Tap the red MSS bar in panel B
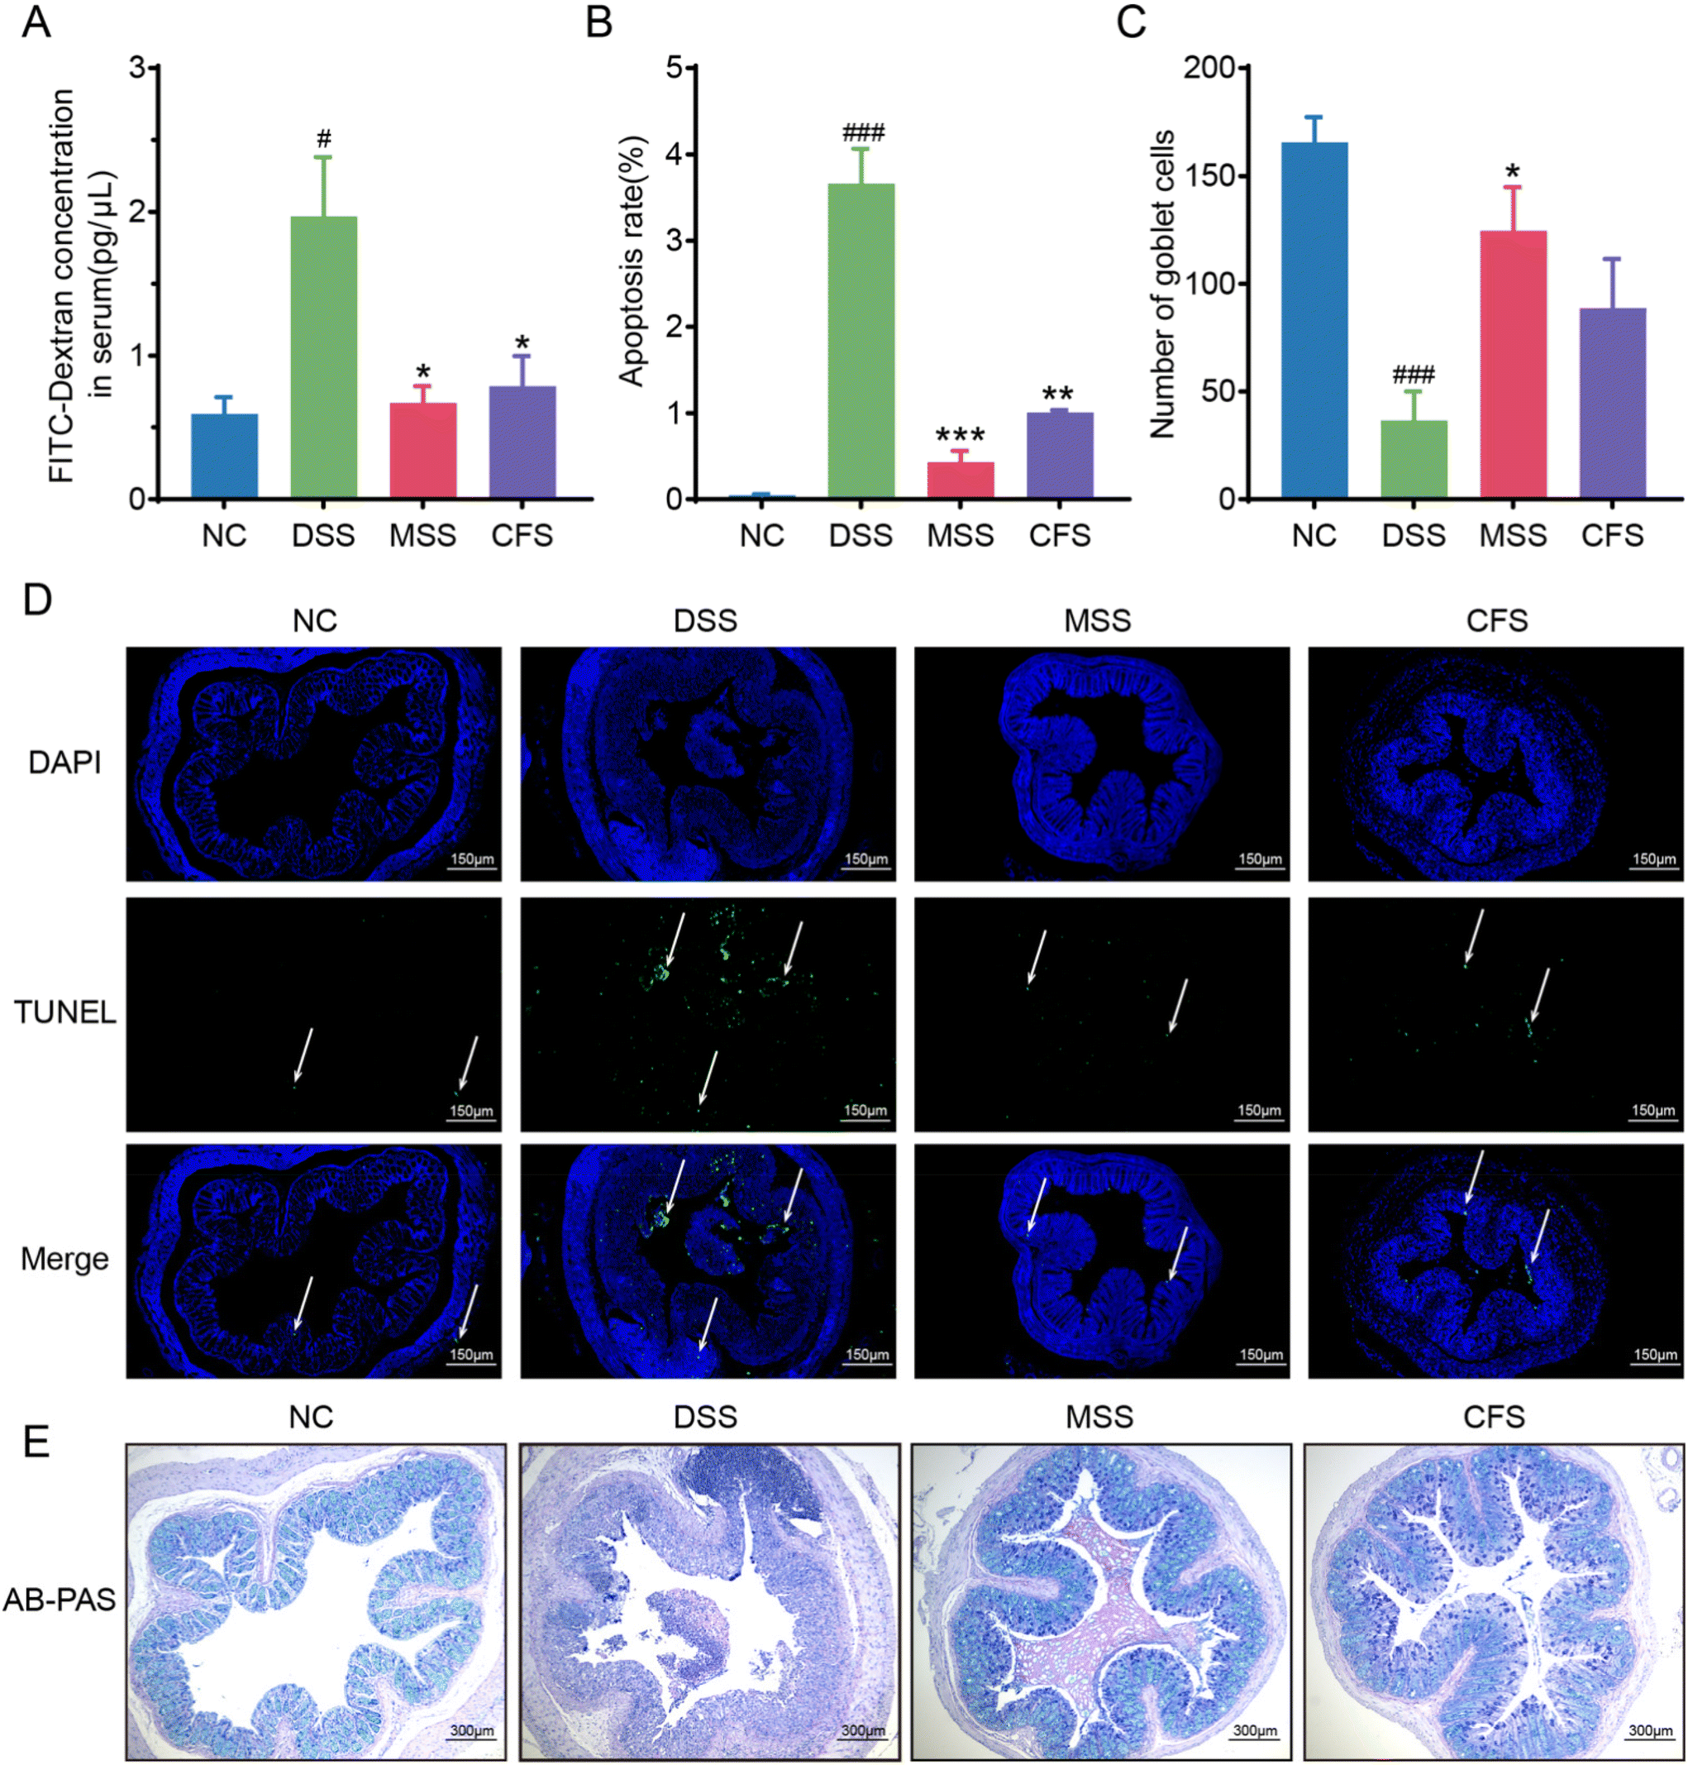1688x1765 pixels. pyautogui.click(x=960, y=479)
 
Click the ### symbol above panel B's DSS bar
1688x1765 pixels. pyautogui.click(x=863, y=133)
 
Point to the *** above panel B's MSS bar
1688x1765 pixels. pyautogui.click(x=960, y=436)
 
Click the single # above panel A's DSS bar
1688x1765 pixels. pyautogui.click(x=324, y=139)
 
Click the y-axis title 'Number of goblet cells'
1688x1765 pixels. pyautogui.click(x=1162, y=284)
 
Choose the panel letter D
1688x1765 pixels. pyautogui.click(x=37, y=600)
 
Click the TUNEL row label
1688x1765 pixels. pyautogui.click(x=64, y=1012)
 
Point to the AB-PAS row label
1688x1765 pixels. pyautogui.click(x=60, y=1600)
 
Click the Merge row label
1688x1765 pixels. pyautogui.click(x=64, y=1258)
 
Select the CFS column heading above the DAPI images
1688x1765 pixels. pyautogui.click(x=1496, y=620)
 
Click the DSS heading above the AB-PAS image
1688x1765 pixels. pyautogui.click(x=705, y=1418)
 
